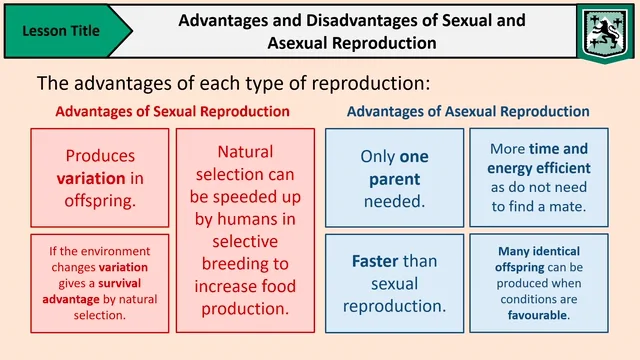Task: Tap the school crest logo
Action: (602, 30)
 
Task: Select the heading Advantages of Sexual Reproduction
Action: (173, 111)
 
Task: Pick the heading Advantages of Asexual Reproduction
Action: (468, 111)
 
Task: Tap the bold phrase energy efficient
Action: (540, 168)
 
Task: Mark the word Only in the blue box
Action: (378, 156)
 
